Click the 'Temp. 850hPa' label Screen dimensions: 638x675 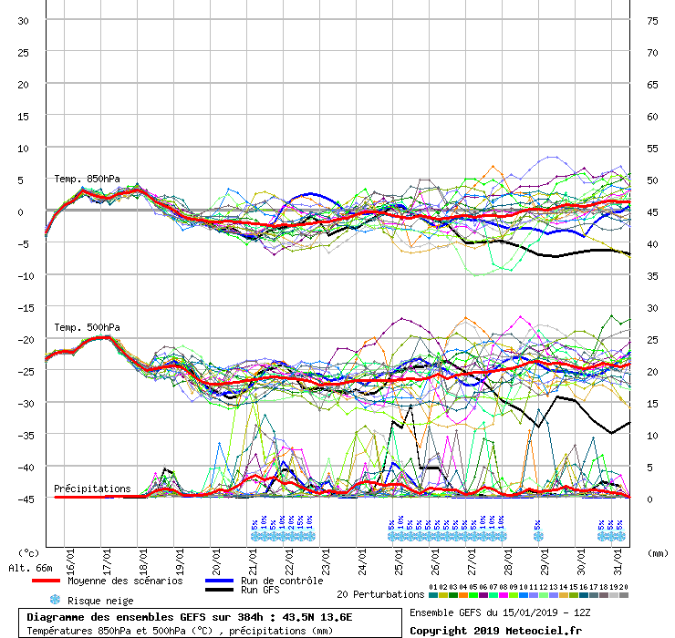(x=87, y=179)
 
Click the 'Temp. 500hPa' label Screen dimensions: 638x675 (x=87, y=327)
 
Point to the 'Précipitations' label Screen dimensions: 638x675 (x=92, y=489)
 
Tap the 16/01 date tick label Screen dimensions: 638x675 (x=70, y=554)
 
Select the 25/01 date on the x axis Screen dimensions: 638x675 (x=399, y=554)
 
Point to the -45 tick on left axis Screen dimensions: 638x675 (x=28, y=499)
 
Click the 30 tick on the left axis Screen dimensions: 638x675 (x=23, y=21)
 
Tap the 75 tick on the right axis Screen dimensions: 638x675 (x=652, y=21)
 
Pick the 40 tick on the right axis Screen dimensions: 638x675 (x=652, y=244)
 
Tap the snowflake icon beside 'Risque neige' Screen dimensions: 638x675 (x=54, y=600)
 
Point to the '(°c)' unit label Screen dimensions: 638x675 (x=28, y=552)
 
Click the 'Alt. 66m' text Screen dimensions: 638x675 (x=30, y=568)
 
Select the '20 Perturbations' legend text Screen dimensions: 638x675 (x=379, y=594)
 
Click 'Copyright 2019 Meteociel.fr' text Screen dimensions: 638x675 (x=495, y=630)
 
